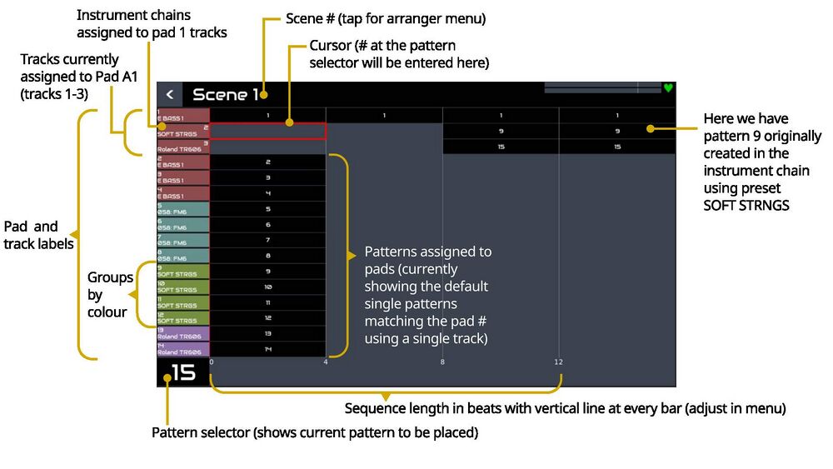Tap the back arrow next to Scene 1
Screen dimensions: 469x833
click(x=170, y=95)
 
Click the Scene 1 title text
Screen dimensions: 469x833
click(x=226, y=95)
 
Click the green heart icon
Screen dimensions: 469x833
click(x=667, y=87)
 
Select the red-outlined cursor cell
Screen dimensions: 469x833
click(x=267, y=131)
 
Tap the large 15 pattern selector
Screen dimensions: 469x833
click(x=183, y=372)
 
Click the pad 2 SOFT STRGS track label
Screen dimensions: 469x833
click(x=183, y=131)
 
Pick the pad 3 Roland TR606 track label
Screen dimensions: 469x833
click(x=183, y=147)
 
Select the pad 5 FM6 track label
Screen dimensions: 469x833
click(x=183, y=209)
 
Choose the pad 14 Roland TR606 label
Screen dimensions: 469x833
click(x=183, y=349)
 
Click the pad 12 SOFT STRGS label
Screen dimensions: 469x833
click(x=183, y=317)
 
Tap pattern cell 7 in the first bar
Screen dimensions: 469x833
click(x=267, y=240)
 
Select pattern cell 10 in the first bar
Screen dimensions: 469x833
click(x=267, y=287)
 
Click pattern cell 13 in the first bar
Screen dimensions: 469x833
click(x=267, y=333)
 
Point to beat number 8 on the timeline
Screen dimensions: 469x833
click(x=442, y=362)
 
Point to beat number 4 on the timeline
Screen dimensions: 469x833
click(x=326, y=362)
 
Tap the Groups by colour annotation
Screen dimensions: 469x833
click(x=110, y=294)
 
